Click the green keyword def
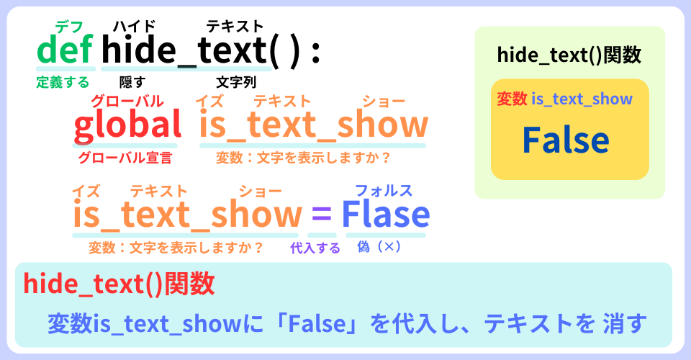(66, 49)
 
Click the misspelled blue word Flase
(386, 214)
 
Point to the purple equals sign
(321, 214)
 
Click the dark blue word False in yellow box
(566, 140)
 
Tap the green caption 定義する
(63, 82)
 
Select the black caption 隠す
(132, 82)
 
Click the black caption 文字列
(236, 82)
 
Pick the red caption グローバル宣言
(125, 158)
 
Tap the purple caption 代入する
(315, 248)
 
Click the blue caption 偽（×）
(379, 246)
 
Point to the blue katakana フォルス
(384, 191)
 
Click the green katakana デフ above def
(69, 27)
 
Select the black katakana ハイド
(134, 26)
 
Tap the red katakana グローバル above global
(127, 102)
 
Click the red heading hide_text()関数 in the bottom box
(119, 284)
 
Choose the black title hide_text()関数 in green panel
(569, 55)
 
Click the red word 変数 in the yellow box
(512, 99)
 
